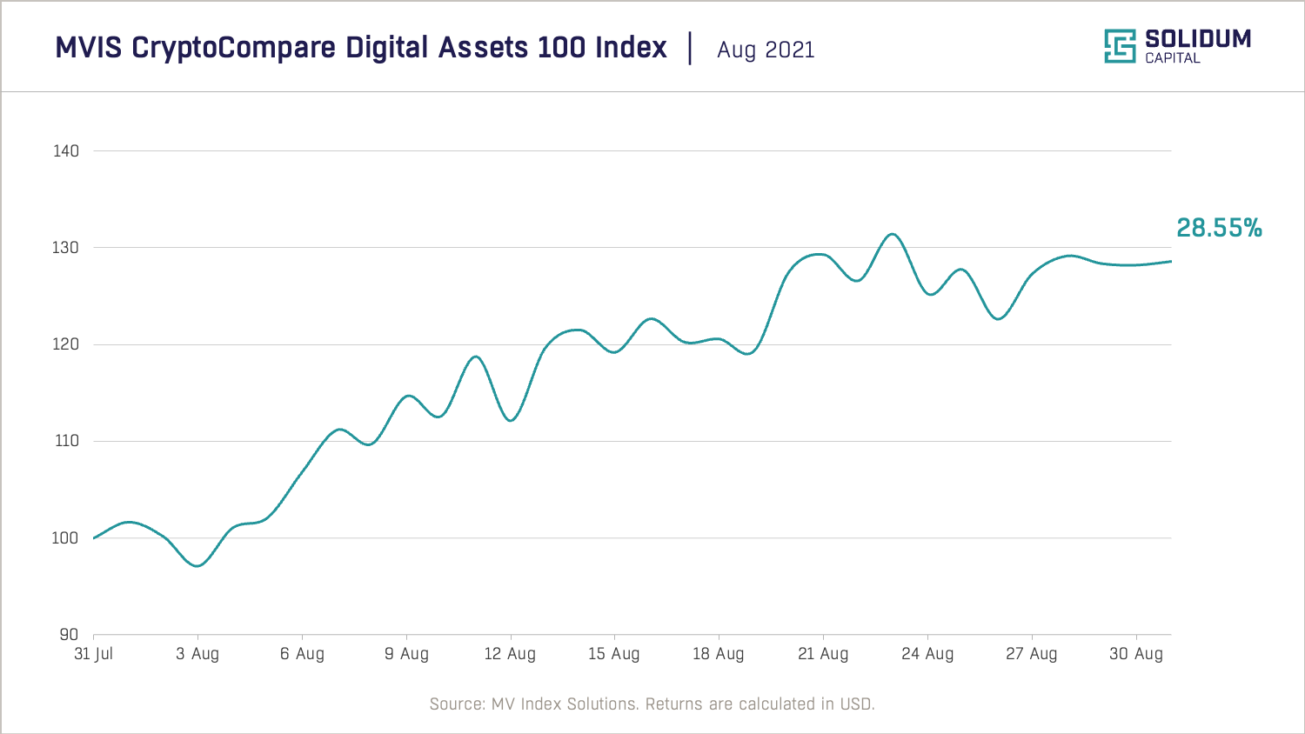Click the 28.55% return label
pos(1219,228)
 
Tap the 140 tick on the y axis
pos(66,151)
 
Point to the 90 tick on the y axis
pos(69,635)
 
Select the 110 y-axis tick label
pos(66,441)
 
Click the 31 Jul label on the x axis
pos(93,654)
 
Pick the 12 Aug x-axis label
pos(510,654)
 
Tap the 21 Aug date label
pos(823,654)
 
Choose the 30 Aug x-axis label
pos(1135,654)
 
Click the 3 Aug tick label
pos(197,654)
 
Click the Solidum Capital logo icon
pos(1120,46)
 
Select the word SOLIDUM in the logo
pos(1198,38)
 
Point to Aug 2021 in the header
pos(766,50)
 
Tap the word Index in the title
pos(631,47)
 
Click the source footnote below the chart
pos(652,704)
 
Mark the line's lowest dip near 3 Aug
pos(198,566)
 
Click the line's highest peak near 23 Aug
pos(892,234)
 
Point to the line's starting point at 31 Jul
pos(94,538)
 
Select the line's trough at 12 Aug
pos(511,421)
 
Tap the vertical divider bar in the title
pos(690,48)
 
